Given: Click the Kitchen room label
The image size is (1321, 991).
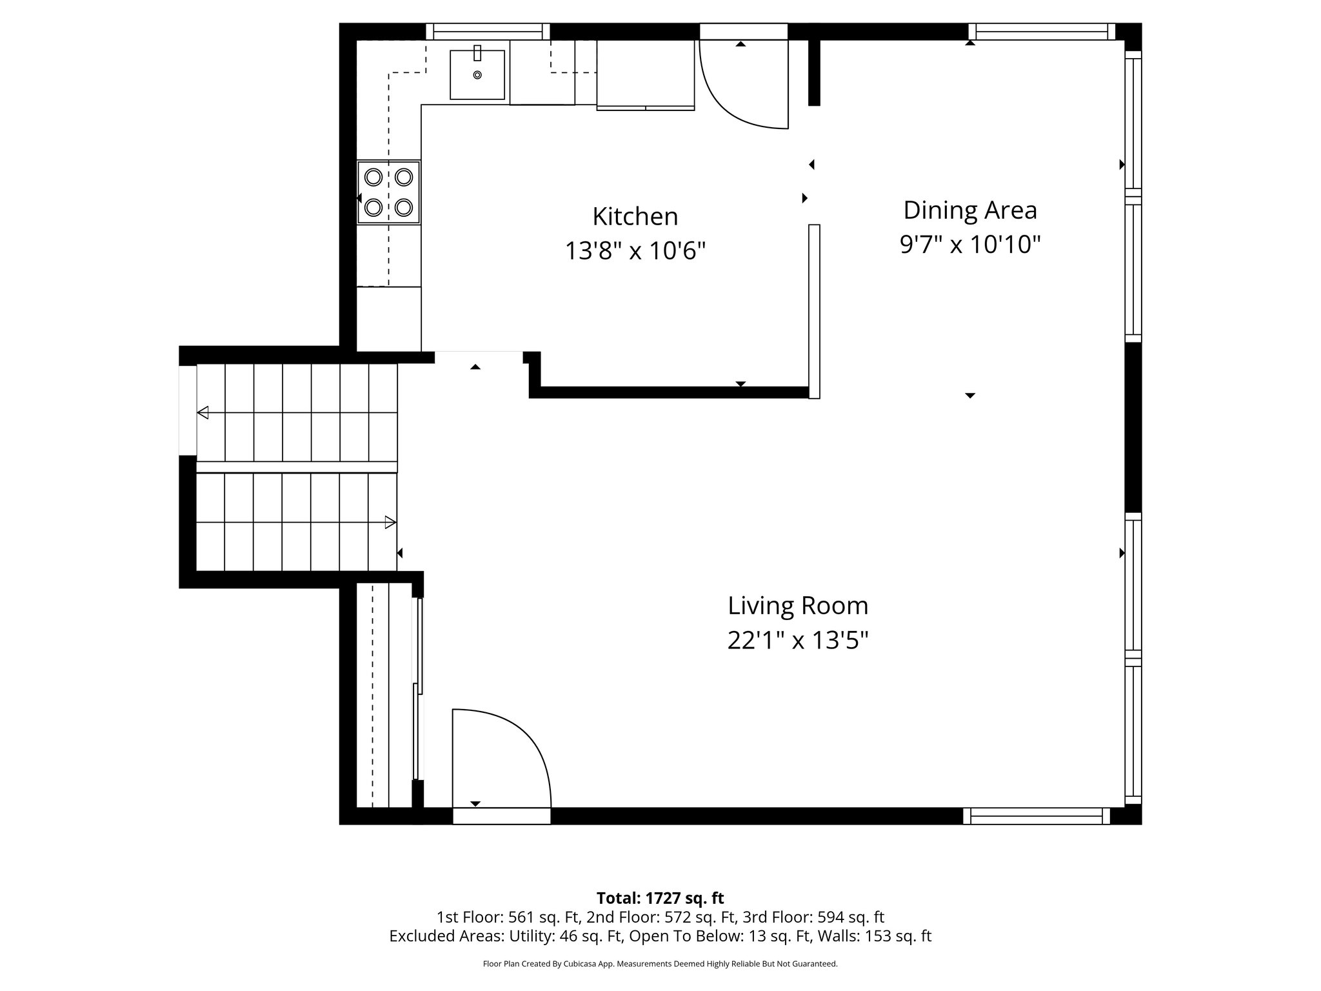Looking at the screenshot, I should (x=635, y=217).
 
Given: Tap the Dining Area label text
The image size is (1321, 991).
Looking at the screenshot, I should (x=969, y=210).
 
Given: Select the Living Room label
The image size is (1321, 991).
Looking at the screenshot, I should (x=798, y=606).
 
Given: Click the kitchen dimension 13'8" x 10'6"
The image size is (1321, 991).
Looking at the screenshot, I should (x=635, y=251).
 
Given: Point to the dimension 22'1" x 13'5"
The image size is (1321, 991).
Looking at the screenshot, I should (x=798, y=641).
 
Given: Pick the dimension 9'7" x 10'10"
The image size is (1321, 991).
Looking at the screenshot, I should (x=969, y=245).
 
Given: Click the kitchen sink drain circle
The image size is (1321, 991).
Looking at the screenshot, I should (x=477, y=75).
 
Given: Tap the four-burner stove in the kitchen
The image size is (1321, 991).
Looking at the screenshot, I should (x=388, y=192).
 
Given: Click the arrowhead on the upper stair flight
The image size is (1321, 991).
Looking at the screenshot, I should (x=203, y=412).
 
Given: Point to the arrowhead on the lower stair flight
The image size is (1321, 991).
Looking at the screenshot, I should (x=390, y=522).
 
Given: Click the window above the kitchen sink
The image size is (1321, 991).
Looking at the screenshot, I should (x=488, y=32).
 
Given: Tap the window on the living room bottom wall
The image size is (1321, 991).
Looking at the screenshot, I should (x=1036, y=816).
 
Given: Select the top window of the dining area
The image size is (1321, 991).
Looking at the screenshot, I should (x=1041, y=32).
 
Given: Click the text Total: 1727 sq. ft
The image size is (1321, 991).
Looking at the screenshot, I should (x=660, y=898).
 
